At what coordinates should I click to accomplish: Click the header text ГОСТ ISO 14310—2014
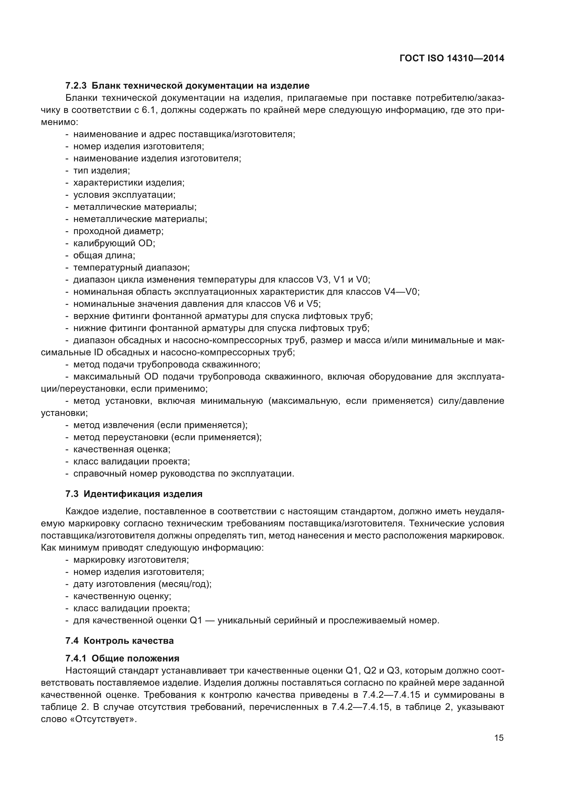coord(452,58)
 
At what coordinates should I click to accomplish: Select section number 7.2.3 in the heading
coord(76,86)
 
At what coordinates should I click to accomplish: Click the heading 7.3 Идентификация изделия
coord(134,494)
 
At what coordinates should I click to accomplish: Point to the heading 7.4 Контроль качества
coord(120,641)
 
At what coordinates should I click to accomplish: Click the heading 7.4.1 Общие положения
coord(122,658)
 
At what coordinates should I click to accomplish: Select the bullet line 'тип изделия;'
coord(101,171)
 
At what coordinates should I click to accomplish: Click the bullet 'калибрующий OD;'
coord(114,243)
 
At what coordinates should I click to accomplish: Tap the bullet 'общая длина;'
coord(104,256)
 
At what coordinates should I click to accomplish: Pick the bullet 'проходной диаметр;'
coord(118,231)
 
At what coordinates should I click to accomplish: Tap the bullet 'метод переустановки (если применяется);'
coord(167,437)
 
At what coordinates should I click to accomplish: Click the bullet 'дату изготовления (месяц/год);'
coord(142,584)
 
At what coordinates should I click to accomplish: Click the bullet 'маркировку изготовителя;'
coord(131,560)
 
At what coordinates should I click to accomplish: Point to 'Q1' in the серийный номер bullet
coord(195,620)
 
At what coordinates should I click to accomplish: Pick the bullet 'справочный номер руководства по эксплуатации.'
coord(184,474)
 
